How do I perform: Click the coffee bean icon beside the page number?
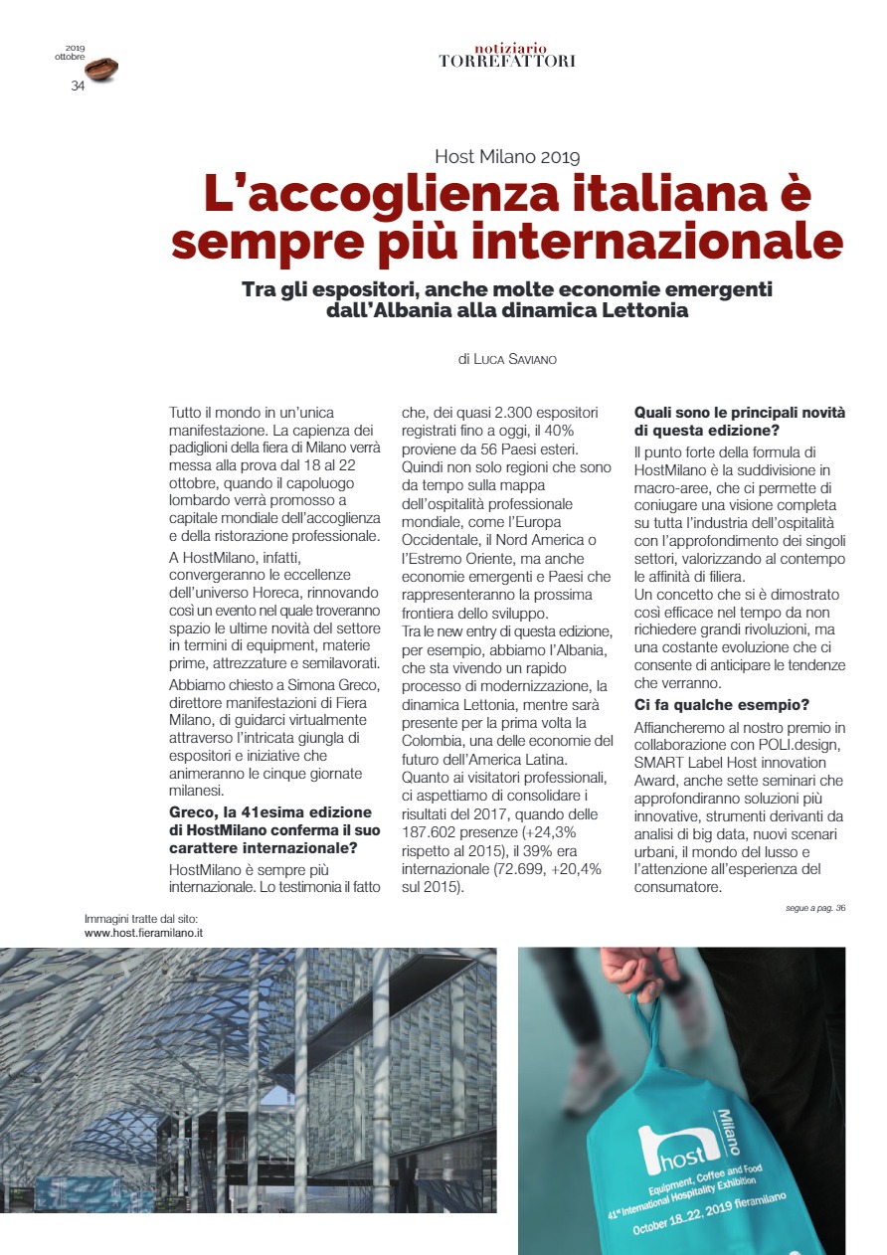[101, 69]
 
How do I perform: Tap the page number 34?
[78, 86]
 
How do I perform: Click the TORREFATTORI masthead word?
[507, 61]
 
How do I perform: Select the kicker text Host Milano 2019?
[507, 156]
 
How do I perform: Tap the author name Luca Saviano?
[515, 359]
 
